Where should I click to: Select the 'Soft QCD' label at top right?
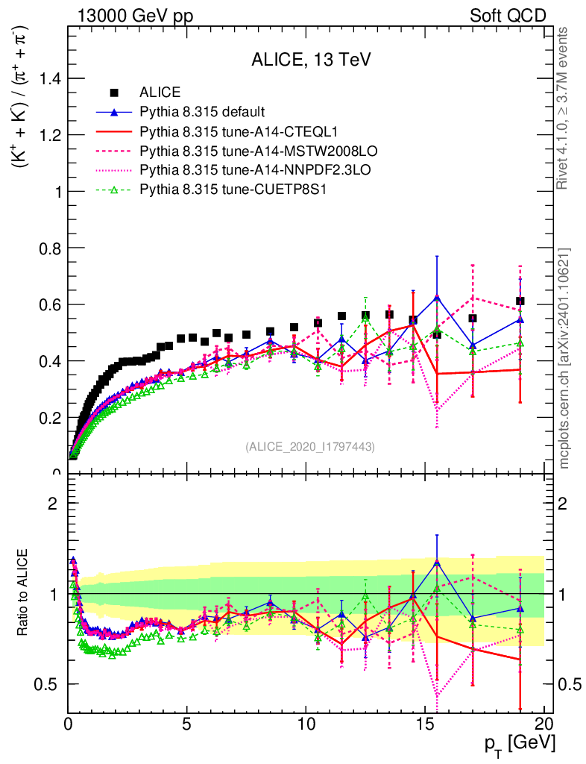pos(508,16)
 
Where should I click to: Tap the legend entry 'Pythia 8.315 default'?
pos(202,112)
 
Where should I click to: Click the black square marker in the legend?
pos(114,93)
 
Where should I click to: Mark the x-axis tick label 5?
pos(187,724)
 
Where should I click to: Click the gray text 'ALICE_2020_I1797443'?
pos(309,446)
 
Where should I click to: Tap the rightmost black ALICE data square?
pos(520,301)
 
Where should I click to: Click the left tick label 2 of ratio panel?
pos(53,503)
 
